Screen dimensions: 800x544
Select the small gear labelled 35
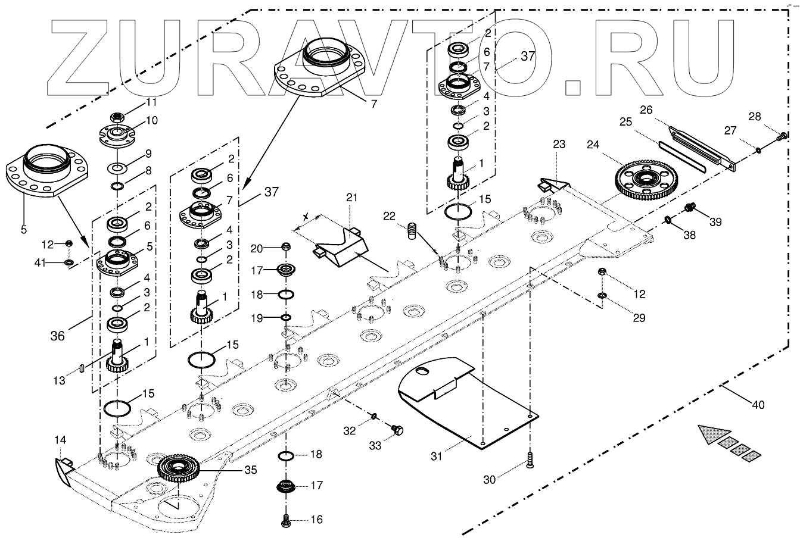point(178,468)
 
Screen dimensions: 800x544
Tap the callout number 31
point(437,456)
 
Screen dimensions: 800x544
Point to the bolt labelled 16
point(286,520)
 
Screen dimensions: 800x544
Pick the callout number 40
point(758,405)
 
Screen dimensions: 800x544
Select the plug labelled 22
point(412,232)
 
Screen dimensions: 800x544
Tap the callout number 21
point(352,198)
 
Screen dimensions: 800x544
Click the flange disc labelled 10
point(117,136)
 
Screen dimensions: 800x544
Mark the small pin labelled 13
point(82,368)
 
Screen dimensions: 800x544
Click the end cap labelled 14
point(65,471)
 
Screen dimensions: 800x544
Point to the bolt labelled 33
point(397,430)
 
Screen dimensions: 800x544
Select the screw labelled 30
point(530,460)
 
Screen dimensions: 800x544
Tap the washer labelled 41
point(69,263)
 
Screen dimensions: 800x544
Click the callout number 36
point(58,336)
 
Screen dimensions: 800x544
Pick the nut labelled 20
point(286,246)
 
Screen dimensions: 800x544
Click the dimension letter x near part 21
point(306,217)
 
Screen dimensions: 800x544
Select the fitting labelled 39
point(689,207)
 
